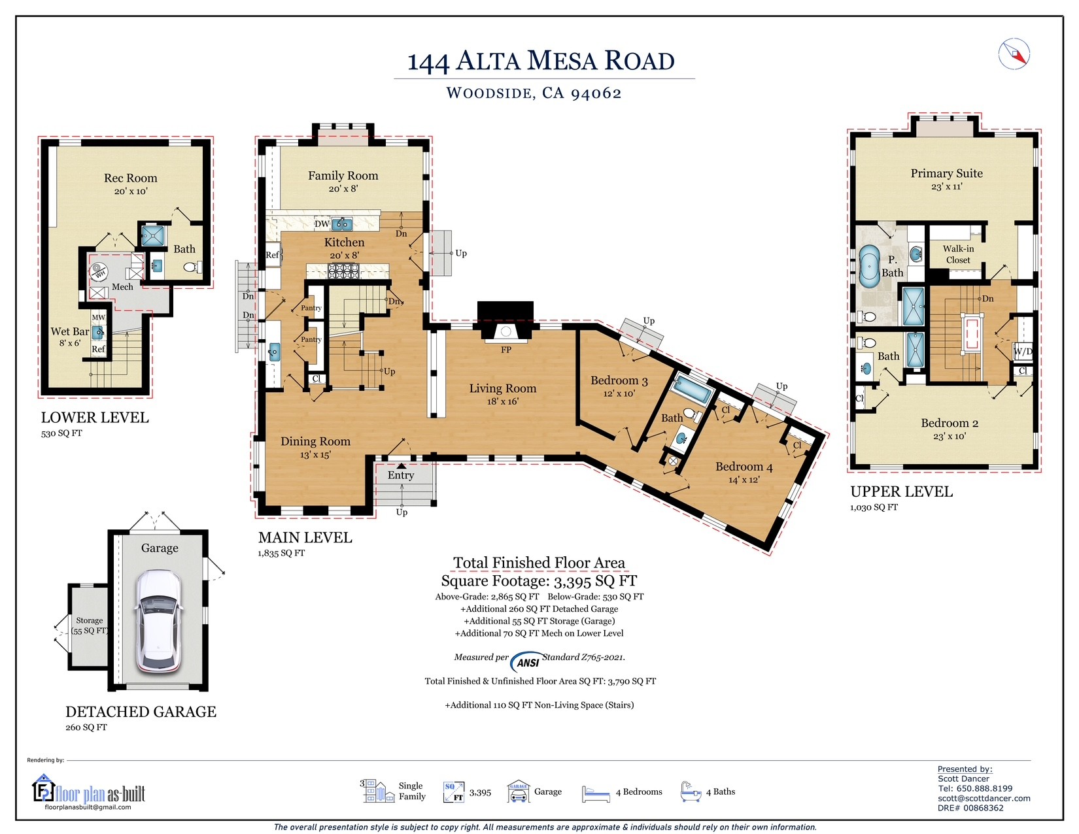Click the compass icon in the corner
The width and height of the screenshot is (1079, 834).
1014,54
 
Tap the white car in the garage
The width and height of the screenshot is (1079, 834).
158,621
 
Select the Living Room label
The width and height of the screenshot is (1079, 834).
502,388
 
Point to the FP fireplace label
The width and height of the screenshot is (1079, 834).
505,350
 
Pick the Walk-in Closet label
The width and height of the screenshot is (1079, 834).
958,254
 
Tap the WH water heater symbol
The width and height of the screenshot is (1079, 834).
99,271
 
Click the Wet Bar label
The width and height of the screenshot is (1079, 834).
69,331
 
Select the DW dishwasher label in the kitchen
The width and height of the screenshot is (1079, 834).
322,224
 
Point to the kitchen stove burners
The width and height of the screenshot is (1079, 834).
343,271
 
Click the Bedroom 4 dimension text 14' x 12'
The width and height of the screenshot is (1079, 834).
744,480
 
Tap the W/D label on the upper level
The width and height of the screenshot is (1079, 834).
1022,352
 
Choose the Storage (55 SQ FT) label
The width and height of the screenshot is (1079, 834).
90,625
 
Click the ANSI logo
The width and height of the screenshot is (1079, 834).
527,661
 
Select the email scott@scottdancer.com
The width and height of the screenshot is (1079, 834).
983,798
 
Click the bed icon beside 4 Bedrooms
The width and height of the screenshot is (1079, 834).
595,794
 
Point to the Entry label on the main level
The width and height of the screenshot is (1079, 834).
400,475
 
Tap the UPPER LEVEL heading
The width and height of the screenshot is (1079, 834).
901,492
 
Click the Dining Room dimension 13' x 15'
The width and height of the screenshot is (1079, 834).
315,454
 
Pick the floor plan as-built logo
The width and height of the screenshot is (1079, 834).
90,790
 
